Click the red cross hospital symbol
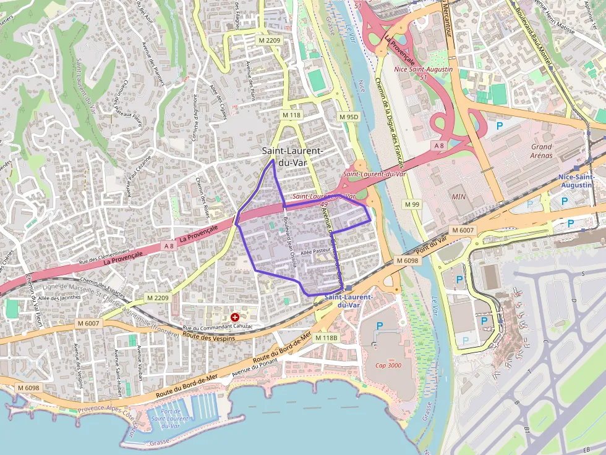click(234, 317)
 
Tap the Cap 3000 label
click(388, 365)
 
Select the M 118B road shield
click(326, 338)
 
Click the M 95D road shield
click(349, 117)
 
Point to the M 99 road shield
click(412, 204)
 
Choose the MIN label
click(459, 196)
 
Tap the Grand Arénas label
click(542, 151)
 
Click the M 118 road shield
click(291, 115)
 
